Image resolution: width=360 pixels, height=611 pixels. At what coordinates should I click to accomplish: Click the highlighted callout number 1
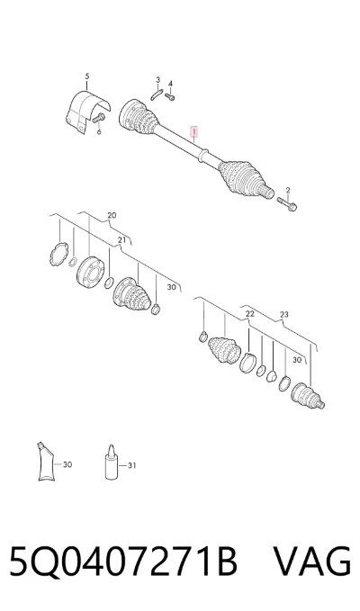pos(193,132)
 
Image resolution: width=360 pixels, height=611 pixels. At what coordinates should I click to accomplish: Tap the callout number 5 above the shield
pos(87,76)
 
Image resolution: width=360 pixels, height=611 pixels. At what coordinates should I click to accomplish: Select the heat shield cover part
pos(86,112)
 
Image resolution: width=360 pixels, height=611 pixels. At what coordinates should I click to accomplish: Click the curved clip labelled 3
pos(156,94)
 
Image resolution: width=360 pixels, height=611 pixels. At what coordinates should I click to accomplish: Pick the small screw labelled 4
pos(170,96)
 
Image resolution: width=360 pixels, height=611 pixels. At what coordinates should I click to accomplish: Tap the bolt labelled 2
pos(287,203)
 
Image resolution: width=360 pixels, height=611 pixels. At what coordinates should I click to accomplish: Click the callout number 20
pos(112,215)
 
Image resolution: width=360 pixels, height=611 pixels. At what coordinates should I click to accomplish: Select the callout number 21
pos(121,240)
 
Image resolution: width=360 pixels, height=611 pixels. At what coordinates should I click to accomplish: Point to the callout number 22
pos(249,314)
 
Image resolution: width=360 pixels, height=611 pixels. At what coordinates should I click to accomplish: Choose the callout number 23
pos(284,314)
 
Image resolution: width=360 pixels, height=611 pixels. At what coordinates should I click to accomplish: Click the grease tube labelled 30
pos(46,462)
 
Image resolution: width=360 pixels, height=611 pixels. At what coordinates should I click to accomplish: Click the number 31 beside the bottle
pos(132,465)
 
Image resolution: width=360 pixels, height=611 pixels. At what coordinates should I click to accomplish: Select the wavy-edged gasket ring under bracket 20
pos(58,255)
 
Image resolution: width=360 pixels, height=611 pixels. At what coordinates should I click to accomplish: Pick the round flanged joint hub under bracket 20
pos(91,273)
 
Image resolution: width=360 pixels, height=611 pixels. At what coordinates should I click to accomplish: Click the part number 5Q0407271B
pos(123,562)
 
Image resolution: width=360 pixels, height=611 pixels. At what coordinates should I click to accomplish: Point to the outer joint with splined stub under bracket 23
pos(308,396)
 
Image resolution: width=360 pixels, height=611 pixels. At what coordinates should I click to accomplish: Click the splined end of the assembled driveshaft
pos(267,192)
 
